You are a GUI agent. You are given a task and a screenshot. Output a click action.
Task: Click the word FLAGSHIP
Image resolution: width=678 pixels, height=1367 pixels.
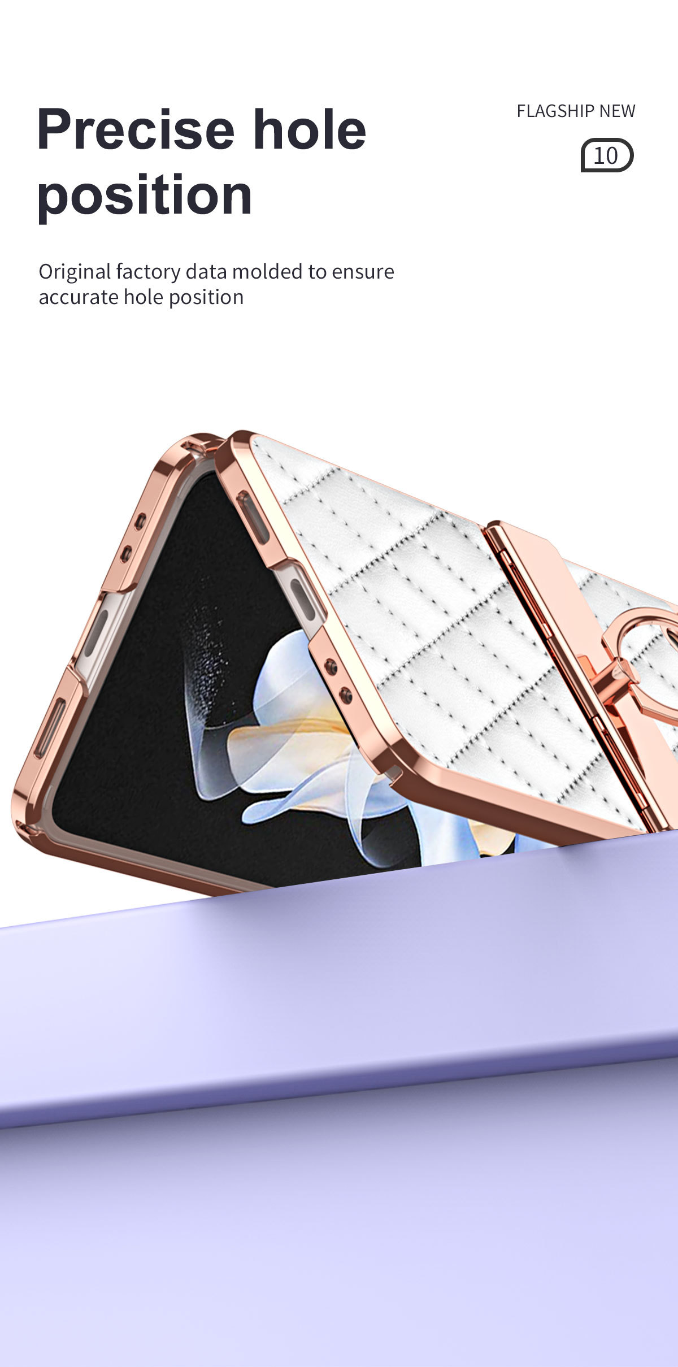(555, 111)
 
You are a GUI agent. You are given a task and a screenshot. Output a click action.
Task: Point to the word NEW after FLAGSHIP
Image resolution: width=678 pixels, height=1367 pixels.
(617, 111)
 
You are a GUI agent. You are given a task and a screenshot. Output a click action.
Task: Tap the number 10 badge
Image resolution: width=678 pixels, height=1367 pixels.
(607, 155)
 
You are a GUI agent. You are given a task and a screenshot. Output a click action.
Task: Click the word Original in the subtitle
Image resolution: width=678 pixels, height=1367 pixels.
(75, 272)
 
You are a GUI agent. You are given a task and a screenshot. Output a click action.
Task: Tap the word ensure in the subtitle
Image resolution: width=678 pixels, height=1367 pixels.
(362, 272)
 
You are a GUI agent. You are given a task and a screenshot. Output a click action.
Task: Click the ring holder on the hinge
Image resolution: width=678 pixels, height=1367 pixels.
(644, 650)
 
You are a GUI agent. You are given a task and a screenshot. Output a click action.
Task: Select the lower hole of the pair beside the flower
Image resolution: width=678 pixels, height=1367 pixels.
(345, 693)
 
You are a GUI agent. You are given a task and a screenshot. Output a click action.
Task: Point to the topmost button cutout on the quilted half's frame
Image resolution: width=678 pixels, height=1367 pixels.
(253, 517)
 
